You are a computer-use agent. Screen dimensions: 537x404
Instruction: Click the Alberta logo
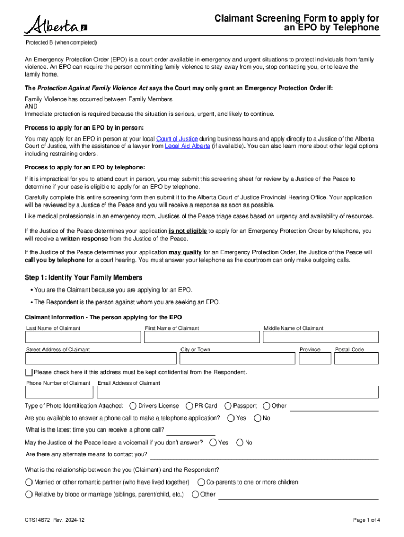[55, 25]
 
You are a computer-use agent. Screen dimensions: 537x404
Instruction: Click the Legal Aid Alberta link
[187, 146]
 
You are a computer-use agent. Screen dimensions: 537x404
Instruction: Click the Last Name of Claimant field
[83, 337]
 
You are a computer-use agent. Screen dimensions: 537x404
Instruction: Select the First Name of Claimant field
[201, 337]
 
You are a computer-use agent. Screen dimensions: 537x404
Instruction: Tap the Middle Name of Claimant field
[321, 337]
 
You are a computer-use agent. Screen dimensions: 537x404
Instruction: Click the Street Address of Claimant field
[101, 358]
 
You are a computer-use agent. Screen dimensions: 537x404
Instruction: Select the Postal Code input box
[356, 358]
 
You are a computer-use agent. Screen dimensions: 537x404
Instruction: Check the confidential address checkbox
[29, 372]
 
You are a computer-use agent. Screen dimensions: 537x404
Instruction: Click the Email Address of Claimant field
[237, 392]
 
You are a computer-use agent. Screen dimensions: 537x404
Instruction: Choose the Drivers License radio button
[133, 406]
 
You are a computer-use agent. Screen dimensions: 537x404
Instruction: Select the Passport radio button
[228, 406]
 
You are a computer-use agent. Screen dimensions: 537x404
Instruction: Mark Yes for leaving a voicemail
[213, 443]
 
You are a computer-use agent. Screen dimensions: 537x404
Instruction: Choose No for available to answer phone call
[258, 418]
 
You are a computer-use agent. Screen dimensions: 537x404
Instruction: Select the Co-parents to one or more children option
[201, 482]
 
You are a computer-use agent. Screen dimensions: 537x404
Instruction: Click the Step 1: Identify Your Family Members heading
[83, 277]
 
